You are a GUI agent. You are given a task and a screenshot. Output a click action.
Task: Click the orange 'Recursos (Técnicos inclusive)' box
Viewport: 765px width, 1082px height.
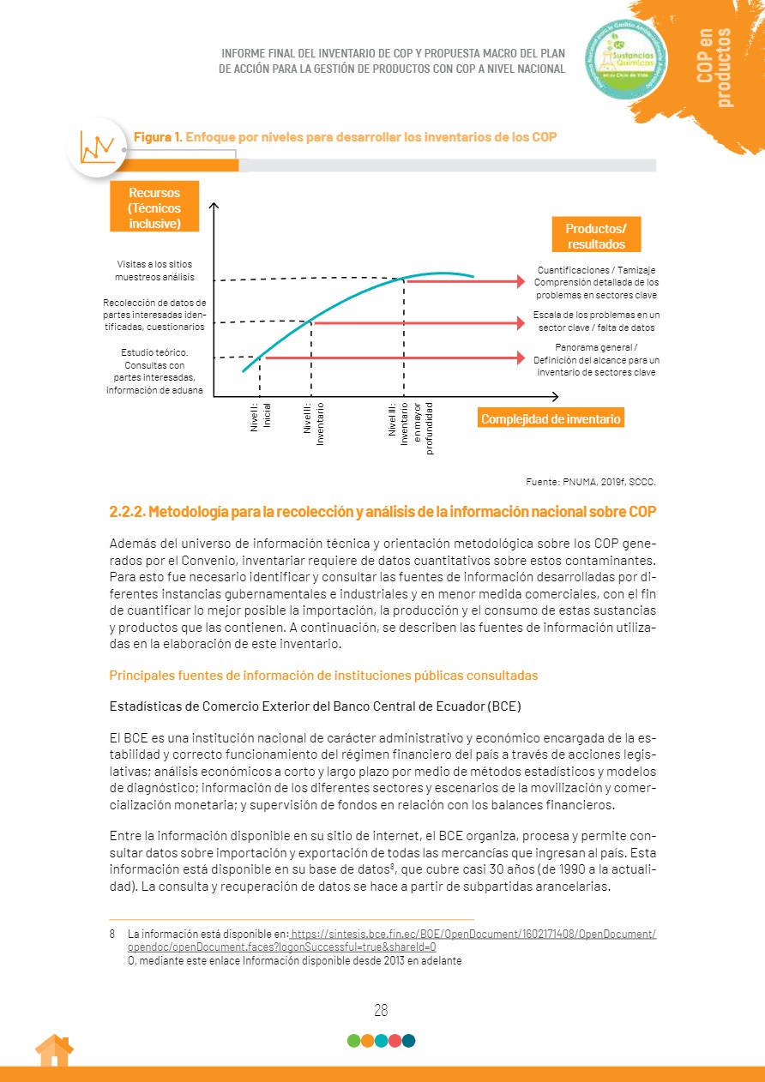(154, 206)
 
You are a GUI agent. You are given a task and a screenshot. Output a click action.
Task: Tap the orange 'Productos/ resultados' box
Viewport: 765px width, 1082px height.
(595, 235)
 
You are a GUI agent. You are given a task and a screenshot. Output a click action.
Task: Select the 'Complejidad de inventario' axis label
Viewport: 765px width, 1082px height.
(551, 419)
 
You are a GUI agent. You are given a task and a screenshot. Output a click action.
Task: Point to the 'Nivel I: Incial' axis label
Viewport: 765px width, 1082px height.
(261, 417)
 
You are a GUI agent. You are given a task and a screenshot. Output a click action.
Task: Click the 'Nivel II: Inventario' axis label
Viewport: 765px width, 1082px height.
(314, 423)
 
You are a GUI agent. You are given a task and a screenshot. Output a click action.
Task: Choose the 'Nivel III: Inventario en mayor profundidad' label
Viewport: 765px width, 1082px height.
(411, 428)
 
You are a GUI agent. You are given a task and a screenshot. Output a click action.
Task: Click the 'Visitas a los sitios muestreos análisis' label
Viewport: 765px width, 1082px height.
(154, 270)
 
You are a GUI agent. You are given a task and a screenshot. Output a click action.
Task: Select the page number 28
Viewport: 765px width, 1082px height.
(382, 1010)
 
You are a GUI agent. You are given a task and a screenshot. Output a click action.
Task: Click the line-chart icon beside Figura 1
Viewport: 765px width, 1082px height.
(96, 147)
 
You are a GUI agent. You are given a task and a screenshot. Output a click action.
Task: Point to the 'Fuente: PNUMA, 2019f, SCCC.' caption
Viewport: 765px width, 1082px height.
(590, 481)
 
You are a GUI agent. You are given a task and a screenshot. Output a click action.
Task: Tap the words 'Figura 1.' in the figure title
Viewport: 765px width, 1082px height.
(157, 137)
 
